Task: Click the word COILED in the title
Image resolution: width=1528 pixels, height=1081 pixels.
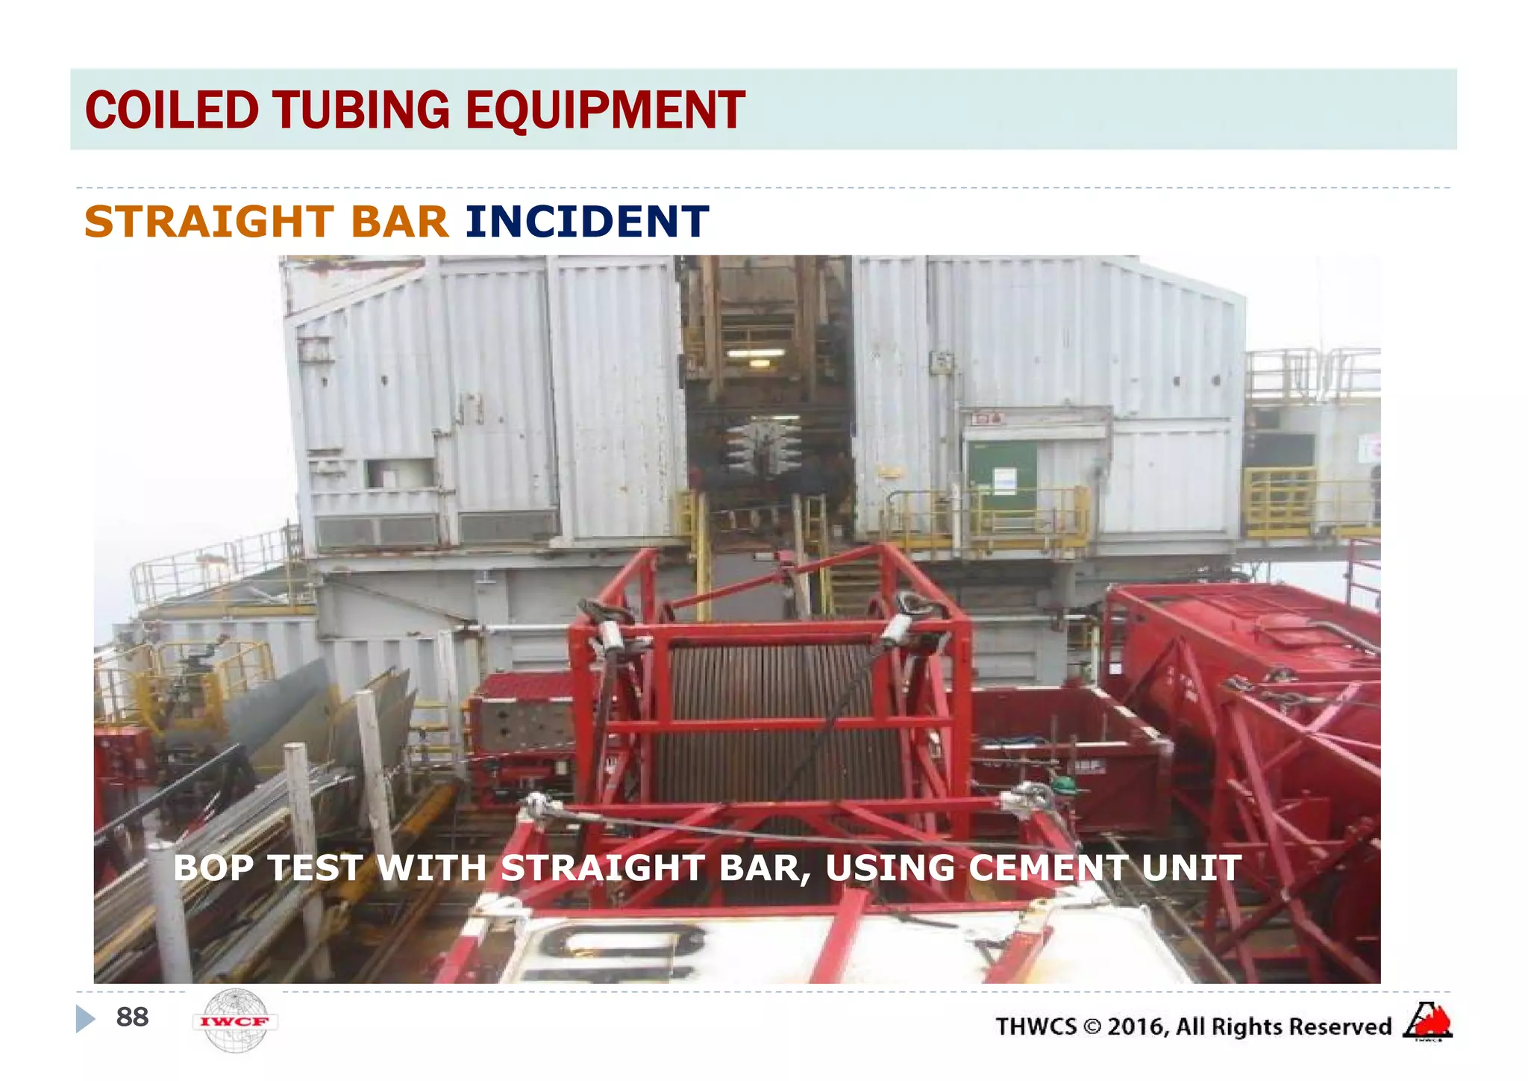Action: (x=172, y=110)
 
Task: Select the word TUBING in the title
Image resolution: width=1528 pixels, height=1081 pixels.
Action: (x=361, y=110)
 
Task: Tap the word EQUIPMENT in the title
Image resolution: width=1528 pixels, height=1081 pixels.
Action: (x=605, y=110)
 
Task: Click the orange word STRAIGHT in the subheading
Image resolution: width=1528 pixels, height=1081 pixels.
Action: (x=209, y=222)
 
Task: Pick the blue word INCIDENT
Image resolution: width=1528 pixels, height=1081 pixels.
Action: (x=586, y=222)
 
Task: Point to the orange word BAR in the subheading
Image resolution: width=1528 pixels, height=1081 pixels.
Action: (x=399, y=222)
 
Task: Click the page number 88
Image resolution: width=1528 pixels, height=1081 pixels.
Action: (x=132, y=1017)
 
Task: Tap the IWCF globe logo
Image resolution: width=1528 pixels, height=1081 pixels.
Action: (x=235, y=1021)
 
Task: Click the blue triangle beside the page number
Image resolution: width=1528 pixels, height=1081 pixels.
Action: (x=86, y=1018)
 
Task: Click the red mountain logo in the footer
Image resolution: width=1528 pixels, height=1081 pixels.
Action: (x=1427, y=1021)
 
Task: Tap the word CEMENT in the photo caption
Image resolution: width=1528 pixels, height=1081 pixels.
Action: (x=1048, y=868)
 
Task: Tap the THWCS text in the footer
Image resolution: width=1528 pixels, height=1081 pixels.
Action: (x=1036, y=1027)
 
